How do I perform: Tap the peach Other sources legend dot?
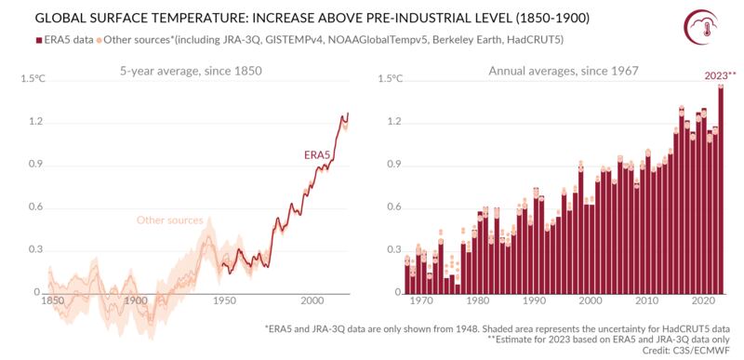pyautogui.click(x=100, y=40)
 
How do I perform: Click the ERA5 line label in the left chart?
pyautogui.click(x=318, y=153)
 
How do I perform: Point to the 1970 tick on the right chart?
pyautogui.click(x=420, y=301)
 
